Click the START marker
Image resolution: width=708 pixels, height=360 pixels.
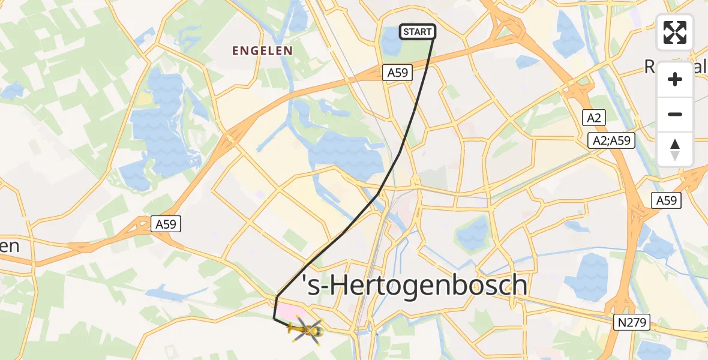(417, 32)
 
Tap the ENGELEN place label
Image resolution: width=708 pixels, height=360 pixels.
(263, 51)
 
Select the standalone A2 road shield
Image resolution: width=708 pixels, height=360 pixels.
(594, 118)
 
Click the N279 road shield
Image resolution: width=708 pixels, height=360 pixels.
(632, 323)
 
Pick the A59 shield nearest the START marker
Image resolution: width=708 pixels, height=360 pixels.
(397, 73)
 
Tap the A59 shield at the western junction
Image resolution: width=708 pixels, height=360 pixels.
(166, 224)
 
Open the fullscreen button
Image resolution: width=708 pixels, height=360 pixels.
(675, 32)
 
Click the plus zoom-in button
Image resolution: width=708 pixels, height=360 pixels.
(675, 79)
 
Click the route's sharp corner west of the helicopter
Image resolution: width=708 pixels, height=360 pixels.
(274, 319)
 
